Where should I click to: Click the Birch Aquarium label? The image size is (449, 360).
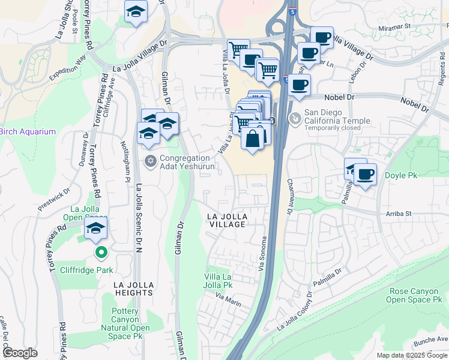(x=28, y=131)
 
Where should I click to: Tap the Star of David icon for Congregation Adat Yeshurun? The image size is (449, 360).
(x=151, y=161)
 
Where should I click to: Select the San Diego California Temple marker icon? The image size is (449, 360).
(x=294, y=119)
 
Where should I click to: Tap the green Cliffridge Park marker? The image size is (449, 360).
(x=101, y=253)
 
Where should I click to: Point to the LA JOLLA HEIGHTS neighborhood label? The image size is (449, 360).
(x=136, y=288)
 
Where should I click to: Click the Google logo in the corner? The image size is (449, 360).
(x=20, y=353)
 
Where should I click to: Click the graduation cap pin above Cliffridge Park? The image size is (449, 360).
(x=95, y=229)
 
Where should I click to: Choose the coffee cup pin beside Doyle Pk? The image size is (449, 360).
(x=365, y=175)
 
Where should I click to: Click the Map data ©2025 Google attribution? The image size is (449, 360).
(x=411, y=355)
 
